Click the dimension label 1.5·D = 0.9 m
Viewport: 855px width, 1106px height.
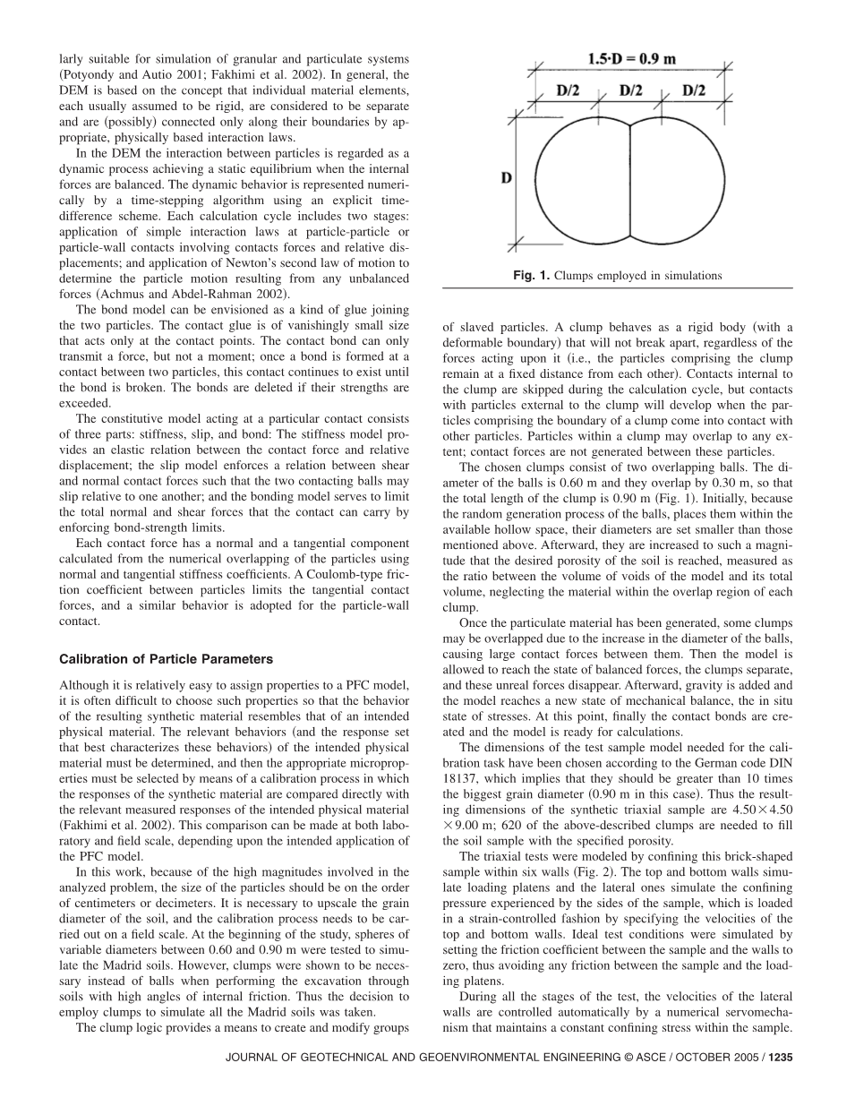click(x=632, y=59)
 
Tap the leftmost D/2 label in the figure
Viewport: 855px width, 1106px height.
click(x=568, y=90)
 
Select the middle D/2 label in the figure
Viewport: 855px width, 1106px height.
click(x=631, y=90)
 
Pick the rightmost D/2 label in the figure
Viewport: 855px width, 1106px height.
click(x=694, y=90)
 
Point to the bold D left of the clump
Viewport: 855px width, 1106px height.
click(x=507, y=178)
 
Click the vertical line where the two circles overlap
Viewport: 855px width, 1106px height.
click(x=632, y=179)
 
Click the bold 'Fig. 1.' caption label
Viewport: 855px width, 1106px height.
click(x=531, y=276)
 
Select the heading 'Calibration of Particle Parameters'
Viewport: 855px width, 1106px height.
click(x=166, y=659)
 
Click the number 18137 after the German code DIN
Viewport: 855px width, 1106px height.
click(x=460, y=778)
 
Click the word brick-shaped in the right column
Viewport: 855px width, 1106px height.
click(x=756, y=856)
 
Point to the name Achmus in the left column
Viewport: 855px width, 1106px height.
click(x=122, y=294)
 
